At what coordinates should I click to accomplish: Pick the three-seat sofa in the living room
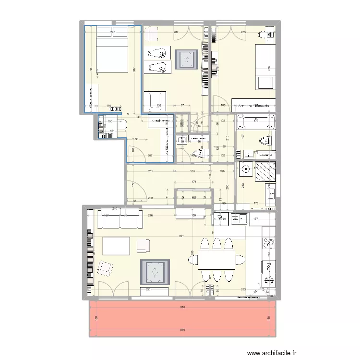[120, 218]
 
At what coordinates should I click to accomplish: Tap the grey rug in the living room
[155, 272]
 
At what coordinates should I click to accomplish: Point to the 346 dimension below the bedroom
[138, 117]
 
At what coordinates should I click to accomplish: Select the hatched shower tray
[265, 172]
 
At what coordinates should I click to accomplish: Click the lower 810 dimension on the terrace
[182, 330]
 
